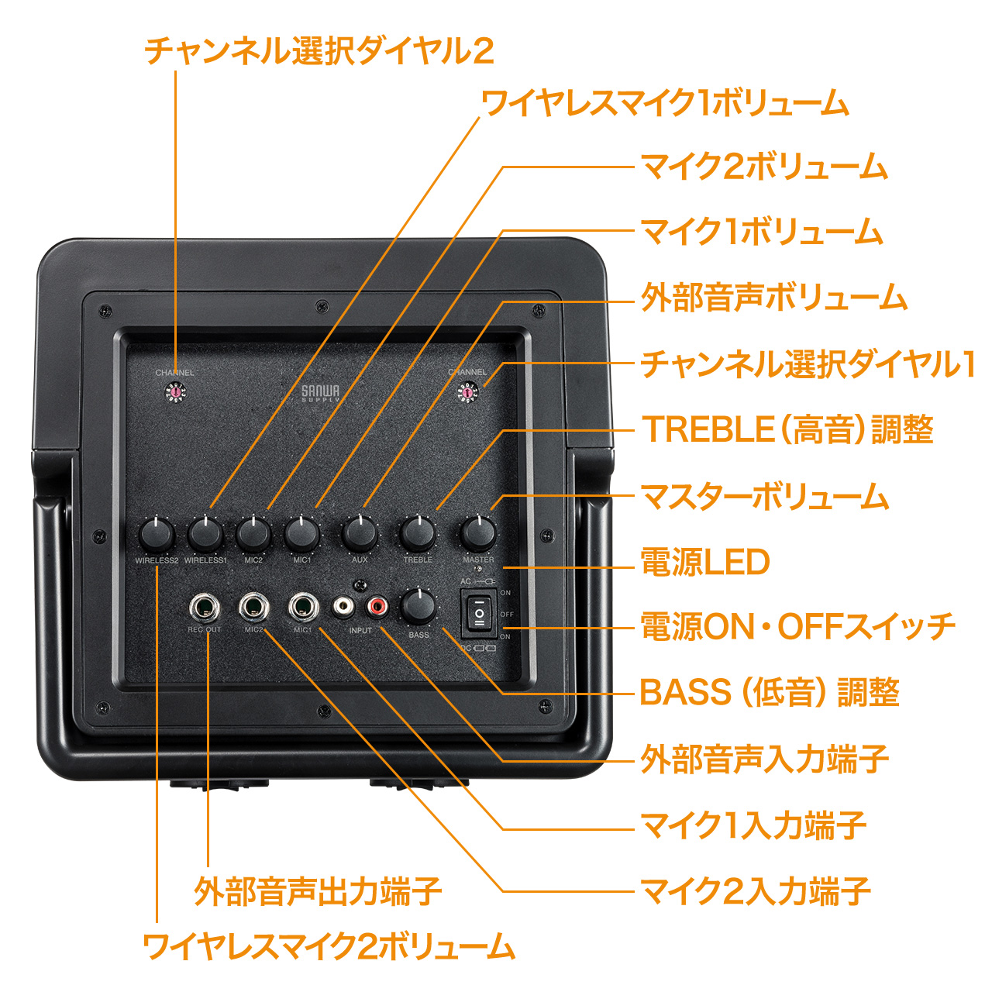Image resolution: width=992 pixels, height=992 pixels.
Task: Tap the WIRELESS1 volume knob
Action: tap(205, 534)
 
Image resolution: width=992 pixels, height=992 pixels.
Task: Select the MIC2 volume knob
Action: tap(253, 534)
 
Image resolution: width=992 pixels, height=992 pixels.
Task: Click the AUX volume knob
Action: tap(360, 534)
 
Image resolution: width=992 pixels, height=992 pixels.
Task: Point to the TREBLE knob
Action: tap(418, 534)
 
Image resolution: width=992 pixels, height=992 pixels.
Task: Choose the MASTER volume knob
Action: tap(478, 534)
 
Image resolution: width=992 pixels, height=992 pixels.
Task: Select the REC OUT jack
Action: tap(205, 607)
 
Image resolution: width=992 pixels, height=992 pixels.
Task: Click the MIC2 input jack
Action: tap(254, 607)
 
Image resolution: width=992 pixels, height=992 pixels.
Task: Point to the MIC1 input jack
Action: tap(303, 607)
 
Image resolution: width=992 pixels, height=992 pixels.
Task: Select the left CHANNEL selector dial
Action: tap(176, 394)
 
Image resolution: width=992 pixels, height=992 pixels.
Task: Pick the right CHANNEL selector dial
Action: tap(467, 394)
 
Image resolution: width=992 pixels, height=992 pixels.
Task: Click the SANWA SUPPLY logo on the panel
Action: tap(321, 394)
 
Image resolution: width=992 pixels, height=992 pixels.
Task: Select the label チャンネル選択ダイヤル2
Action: tap(319, 51)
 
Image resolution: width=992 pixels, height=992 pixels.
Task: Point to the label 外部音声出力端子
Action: tap(318, 892)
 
